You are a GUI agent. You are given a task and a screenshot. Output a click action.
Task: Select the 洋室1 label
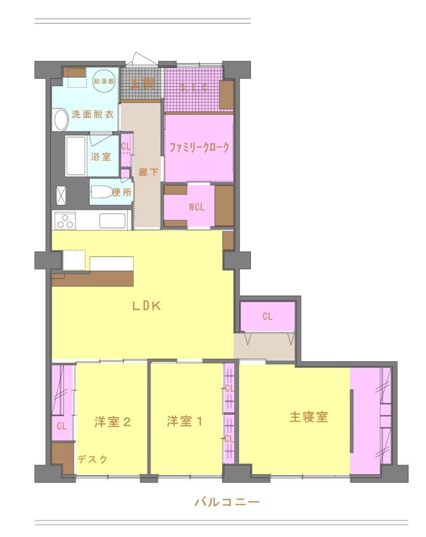pos(184,421)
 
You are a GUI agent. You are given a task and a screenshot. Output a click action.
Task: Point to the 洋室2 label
pos(112,421)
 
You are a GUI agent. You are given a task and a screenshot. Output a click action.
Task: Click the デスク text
pos(92,459)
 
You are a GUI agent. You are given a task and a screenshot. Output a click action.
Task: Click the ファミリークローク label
pos(199,148)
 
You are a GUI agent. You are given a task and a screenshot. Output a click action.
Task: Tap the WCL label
pos(197,207)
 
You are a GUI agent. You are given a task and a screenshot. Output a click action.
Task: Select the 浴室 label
pos(101,156)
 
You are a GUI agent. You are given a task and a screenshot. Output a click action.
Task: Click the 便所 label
pos(122,192)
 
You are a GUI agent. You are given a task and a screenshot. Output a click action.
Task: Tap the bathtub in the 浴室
pos(76,156)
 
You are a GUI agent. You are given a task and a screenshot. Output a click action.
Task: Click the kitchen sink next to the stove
pos(112,221)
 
